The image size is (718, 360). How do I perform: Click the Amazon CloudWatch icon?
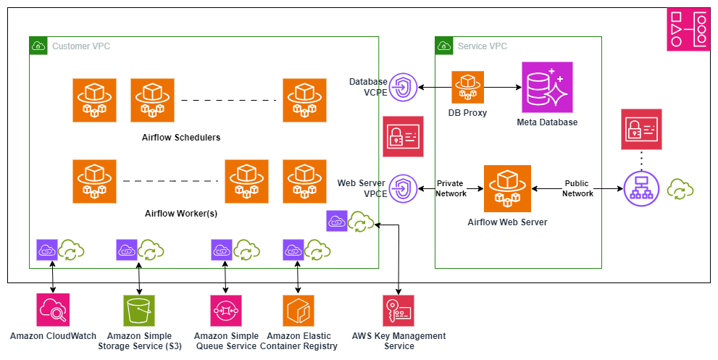coord(53,310)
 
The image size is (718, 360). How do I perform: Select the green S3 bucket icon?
coord(138,310)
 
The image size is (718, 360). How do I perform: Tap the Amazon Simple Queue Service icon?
coord(225,310)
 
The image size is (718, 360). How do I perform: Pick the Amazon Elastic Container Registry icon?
coord(298,310)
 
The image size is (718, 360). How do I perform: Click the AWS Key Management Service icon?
coord(398,310)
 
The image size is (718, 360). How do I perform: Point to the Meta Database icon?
coord(547,87)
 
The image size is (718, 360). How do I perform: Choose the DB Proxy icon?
coord(467,87)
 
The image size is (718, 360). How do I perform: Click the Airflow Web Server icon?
coord(507,188)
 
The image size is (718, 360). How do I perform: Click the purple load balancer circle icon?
coord(640,189)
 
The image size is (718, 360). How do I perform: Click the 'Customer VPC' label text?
coord(81,46)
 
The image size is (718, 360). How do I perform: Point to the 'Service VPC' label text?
coord(483,46)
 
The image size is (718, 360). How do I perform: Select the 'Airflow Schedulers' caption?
coord(181,137)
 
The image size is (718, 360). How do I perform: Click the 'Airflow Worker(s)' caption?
coord(181,214)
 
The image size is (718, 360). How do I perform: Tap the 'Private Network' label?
coord(451,188)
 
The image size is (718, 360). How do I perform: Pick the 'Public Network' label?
coord(577,188)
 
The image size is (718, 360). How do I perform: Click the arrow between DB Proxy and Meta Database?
coord(503,88)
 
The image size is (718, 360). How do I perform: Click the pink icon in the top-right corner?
coord(688,30)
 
